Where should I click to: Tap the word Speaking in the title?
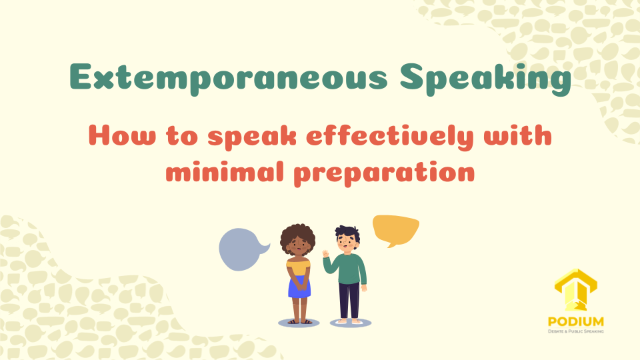(485, 79)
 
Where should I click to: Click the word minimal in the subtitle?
(225, 171)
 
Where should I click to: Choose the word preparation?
(384, 173)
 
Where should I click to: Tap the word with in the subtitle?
(517, 135)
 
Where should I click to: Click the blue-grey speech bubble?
(242, 249)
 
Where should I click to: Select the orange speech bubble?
(395, 229)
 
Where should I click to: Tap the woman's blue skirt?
(299, 287)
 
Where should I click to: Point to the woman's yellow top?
(299, 267)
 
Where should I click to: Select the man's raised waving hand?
(325, 253)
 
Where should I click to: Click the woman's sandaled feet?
(299, 321)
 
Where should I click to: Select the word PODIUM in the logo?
(575, 322)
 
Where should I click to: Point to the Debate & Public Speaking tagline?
(575, 331)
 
